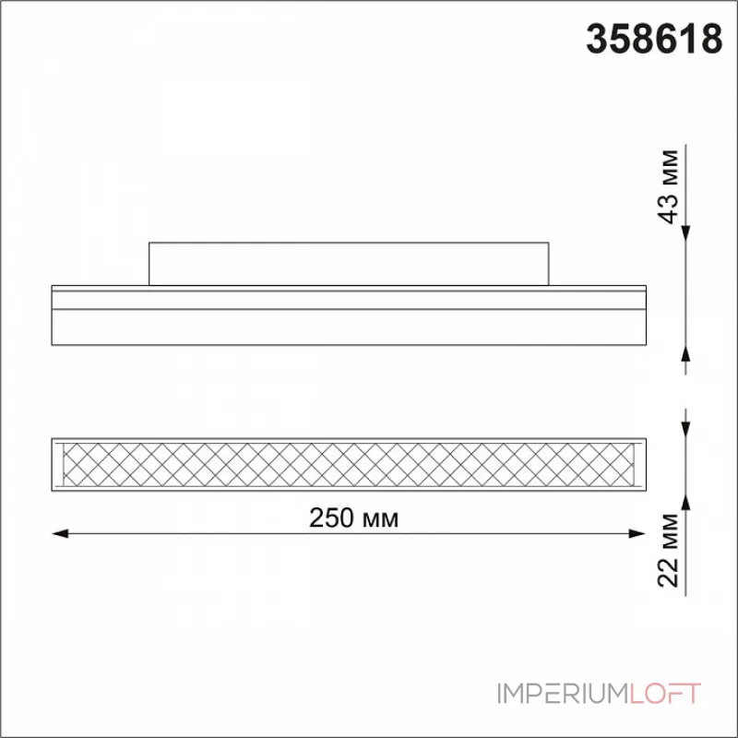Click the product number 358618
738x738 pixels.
pos(654,40)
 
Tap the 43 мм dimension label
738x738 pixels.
pos(668,186)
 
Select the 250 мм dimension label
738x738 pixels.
pos(353,518)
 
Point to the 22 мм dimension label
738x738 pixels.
pos(668,550)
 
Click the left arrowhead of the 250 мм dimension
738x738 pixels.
pos(60,533)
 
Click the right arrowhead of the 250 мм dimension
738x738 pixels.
pos(637,533)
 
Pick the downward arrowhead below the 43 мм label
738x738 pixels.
pos(685,233)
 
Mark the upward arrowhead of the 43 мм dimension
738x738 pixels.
pos(685,354)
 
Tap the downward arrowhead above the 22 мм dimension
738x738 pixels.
pos(685,429)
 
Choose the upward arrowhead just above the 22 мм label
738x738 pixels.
pos(685,501)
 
